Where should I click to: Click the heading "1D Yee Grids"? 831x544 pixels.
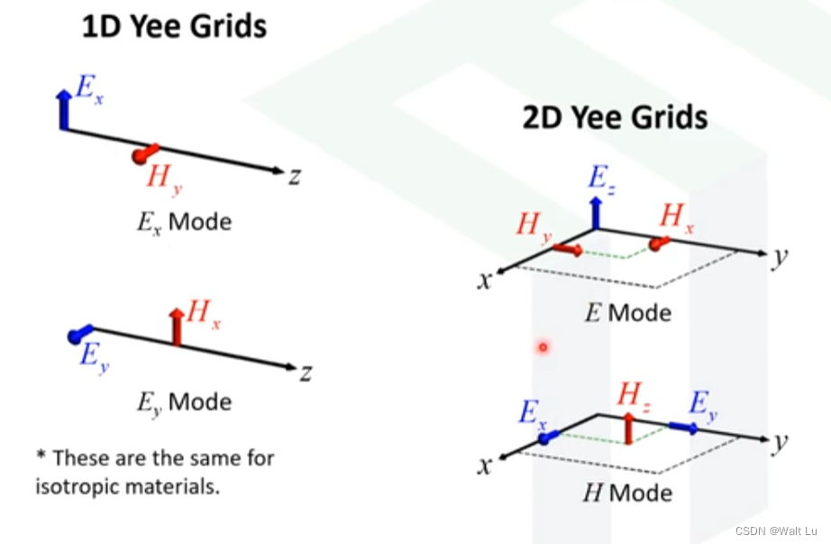pos(174,26)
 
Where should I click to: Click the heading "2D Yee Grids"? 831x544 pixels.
pos(615,118)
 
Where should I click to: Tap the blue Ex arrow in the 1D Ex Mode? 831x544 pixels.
pos(63,109)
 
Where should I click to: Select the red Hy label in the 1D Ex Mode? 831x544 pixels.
pos(161,179)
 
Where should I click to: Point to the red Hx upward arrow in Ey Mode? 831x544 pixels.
pos(177,327)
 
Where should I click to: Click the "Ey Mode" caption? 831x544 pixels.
pos(184,401)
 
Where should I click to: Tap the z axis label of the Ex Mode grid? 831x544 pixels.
pos(294,176)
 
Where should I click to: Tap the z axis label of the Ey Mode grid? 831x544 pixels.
pos(306,371)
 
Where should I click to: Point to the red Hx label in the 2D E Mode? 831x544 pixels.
pos(677,218)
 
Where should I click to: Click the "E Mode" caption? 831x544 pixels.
pos(628,313)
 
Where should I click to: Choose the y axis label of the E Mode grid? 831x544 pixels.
pos(781,256)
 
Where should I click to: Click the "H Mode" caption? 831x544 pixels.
pos(628,493)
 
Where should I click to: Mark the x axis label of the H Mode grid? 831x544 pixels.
pos(486,466)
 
